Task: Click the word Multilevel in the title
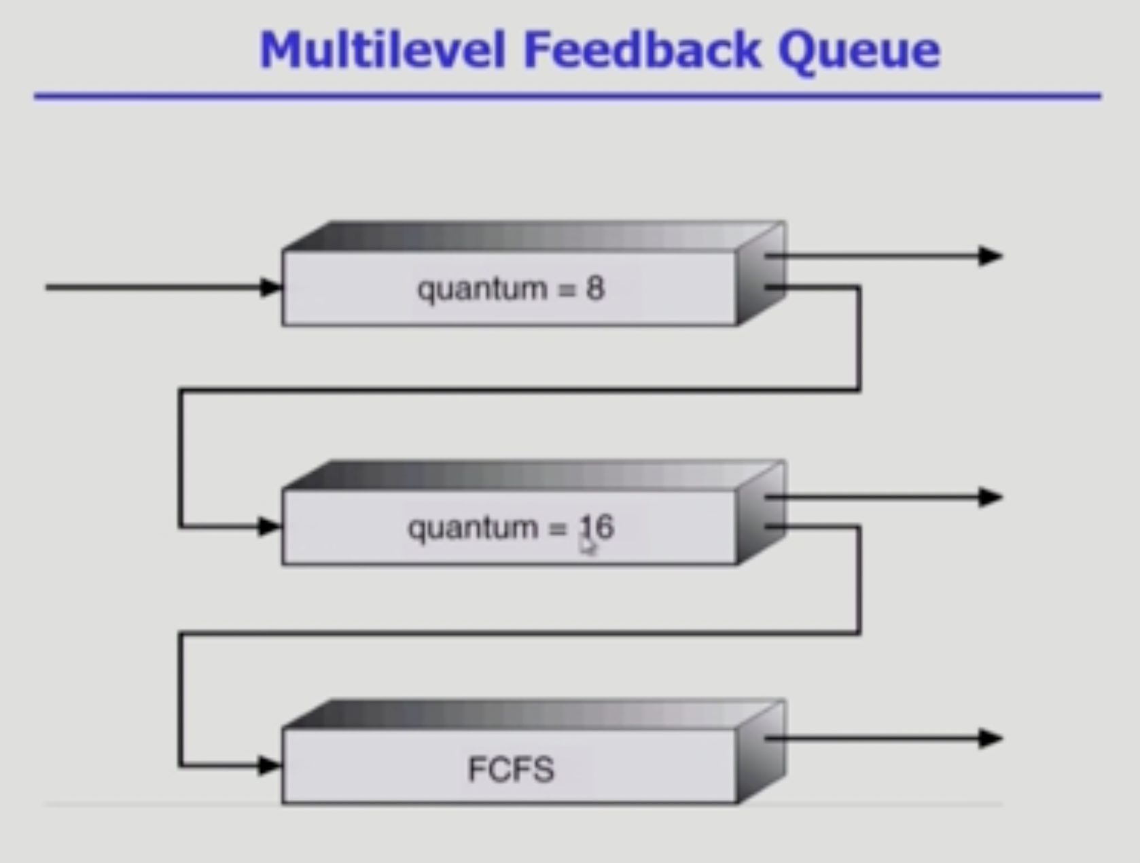(x=382, y=50)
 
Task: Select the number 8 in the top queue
(x=595, y=288)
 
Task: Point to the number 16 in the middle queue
(x=597, y=527)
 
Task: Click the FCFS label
(x=511, y=769)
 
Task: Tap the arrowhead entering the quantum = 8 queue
(x=271, y=287)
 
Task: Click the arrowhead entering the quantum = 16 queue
(x=270, y=526)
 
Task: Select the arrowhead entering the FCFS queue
(x=270, y=766)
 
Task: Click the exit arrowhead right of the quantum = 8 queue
(x=991, y=256)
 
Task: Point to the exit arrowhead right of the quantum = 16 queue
(x=991, y=497)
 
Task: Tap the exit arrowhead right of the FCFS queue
(x=991, y=738)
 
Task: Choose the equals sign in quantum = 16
(x=557, y=529)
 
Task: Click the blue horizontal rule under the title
(x=567, y=96)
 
